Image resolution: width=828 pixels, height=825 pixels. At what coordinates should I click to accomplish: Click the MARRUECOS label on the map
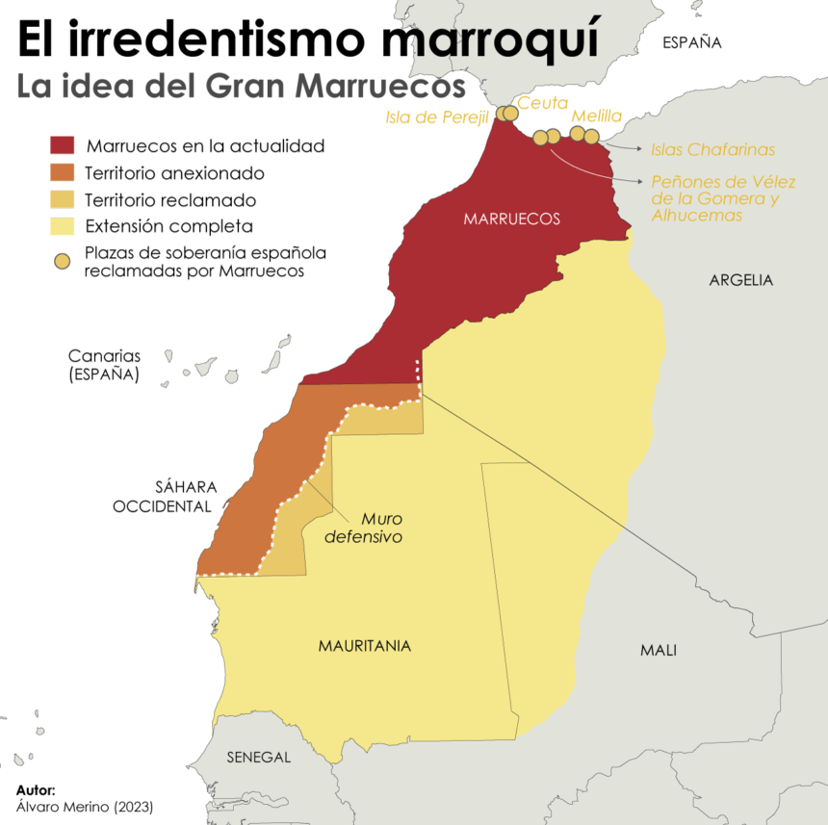(x=511, y=219)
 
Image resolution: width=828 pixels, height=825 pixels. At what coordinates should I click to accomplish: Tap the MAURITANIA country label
(x=365, y=646)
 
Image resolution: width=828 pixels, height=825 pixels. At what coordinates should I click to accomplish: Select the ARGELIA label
(x=740, y=280)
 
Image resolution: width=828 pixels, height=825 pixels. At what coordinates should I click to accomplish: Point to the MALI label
(x=658, y=650)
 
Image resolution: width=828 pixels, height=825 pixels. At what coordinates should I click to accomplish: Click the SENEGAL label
(x=258, y=757)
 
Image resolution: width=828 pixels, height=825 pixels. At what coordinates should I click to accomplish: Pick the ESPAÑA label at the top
(x=691, y=42)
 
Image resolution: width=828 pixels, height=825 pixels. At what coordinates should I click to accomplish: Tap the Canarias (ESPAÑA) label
(x=104, y=365)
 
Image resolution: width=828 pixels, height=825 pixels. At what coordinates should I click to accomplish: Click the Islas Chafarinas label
(x=712, y=149)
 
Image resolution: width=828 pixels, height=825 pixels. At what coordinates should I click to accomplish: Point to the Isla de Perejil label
(x=438, y=116)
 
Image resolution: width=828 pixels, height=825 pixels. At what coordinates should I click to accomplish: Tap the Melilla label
(x=597, y=116)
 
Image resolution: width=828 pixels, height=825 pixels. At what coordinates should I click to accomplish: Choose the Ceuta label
(x=543, y=103)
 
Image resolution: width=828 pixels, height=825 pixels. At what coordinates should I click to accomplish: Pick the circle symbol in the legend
(x=62, y=261)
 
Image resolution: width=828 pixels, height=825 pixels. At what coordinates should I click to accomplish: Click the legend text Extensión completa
(x=168, y=227)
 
